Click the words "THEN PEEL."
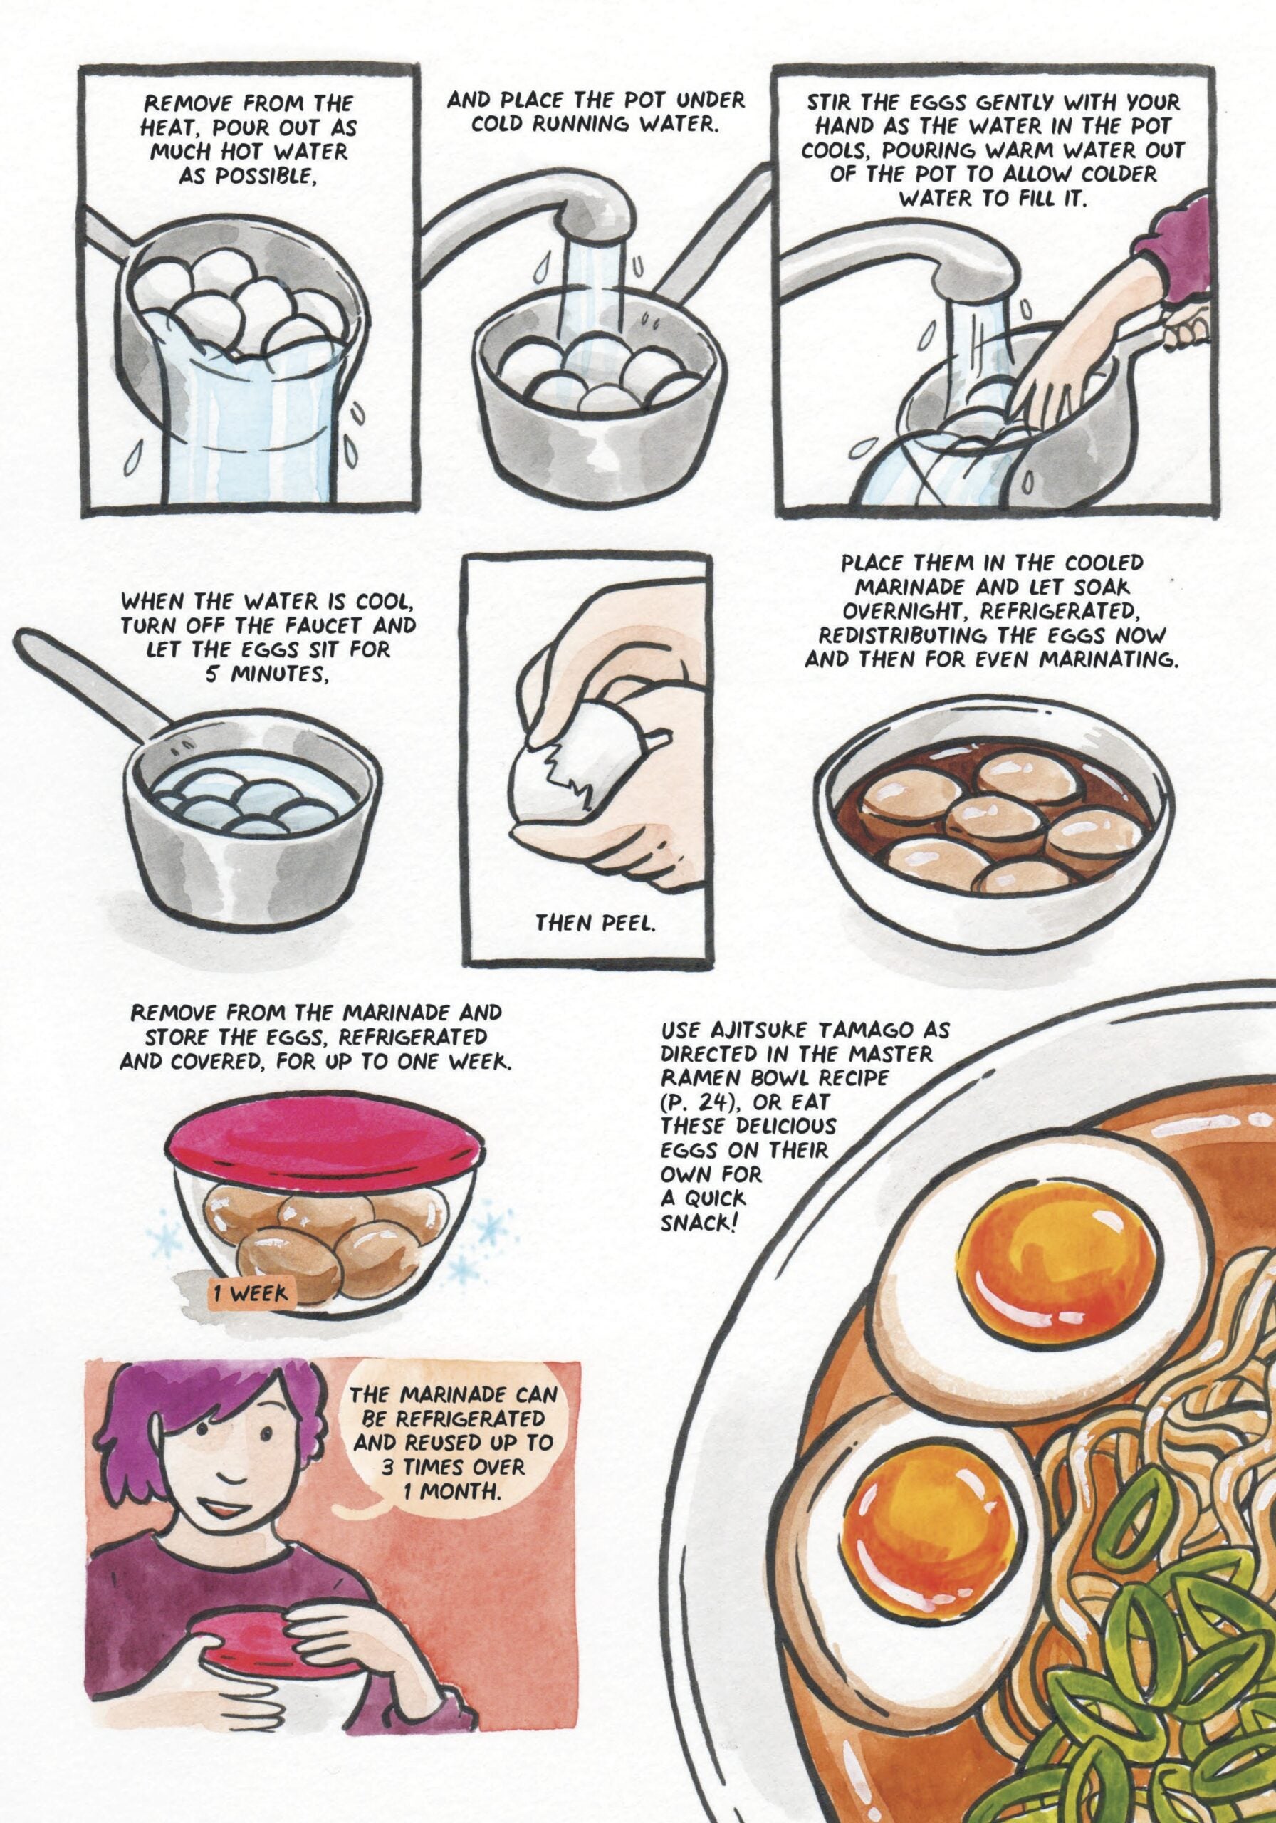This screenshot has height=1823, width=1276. coord(594,923)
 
